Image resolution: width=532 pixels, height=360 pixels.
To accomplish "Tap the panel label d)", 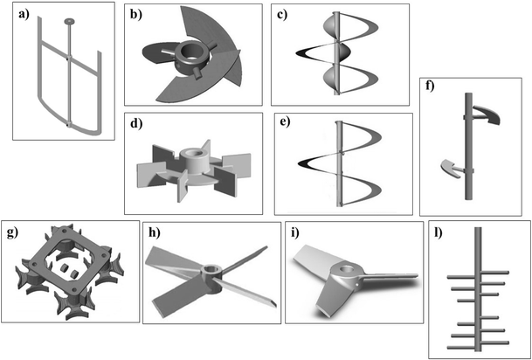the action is pos(137,124).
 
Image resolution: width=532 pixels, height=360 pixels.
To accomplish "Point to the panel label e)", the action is pos(287,124).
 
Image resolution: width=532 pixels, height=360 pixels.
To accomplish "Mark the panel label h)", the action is pos(156,233).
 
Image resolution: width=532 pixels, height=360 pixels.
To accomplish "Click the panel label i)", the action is pos(299,233).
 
